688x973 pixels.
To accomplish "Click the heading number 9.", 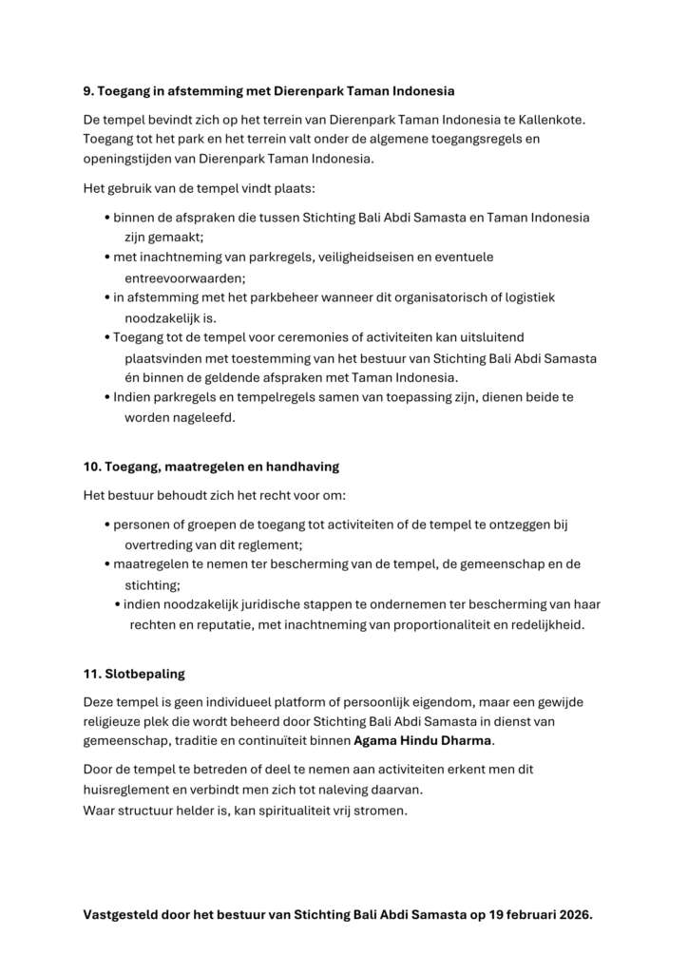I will point(88,91).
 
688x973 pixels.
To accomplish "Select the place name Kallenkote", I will point(552,119).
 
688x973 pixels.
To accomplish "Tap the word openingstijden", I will point(126,159).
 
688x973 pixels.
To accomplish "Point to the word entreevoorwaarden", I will point(184,277).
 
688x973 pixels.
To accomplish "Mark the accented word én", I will point(132,377).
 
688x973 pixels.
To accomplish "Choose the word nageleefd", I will point(203,417).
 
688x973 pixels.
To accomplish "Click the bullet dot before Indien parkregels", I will point(106,397).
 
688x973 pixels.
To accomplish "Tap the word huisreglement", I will point(127,789).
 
